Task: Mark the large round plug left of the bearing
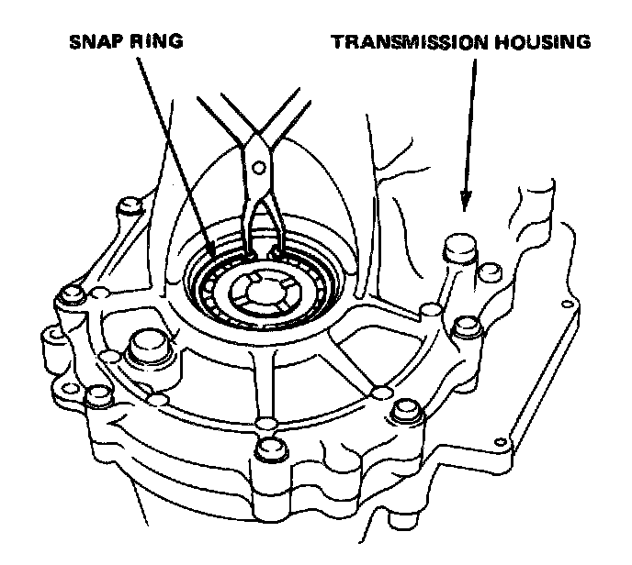(x=147, y=347)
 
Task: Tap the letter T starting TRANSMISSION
(x=336, y=42)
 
